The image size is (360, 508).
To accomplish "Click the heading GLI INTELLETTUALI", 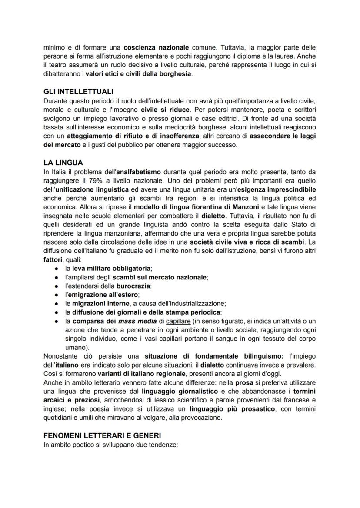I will tap(78, 91).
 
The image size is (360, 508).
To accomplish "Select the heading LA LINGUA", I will tap(63, 163).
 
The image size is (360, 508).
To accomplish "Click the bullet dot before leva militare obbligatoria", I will tap(57, 269).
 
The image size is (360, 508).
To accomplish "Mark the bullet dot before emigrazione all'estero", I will tap(57, 295).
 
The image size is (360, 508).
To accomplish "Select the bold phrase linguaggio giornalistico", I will tap(174, 392).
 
